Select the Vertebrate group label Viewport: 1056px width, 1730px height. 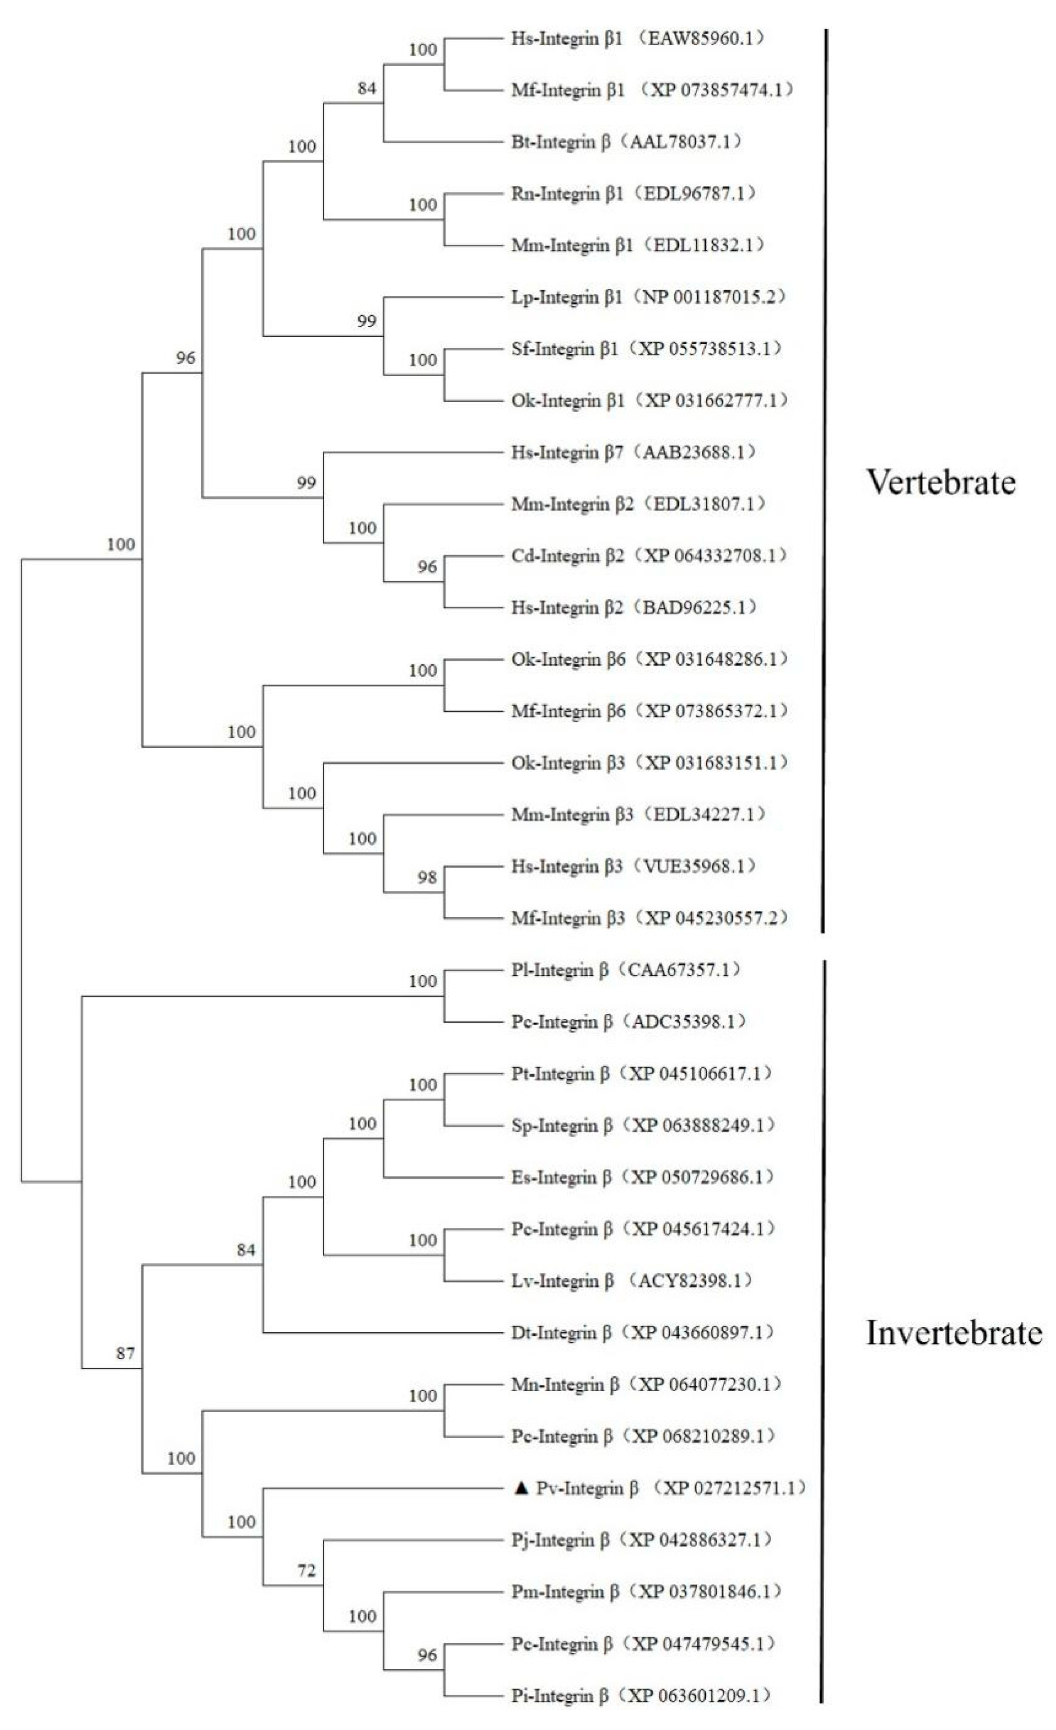(941, 482)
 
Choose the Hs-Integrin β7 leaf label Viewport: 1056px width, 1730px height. (567, 452)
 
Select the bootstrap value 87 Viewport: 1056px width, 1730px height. (125, 1353)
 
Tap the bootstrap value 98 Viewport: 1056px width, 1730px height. (427, 877)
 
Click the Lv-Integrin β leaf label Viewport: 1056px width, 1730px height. (562, 1281)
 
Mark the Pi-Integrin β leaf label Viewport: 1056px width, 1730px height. (560, 1696)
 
